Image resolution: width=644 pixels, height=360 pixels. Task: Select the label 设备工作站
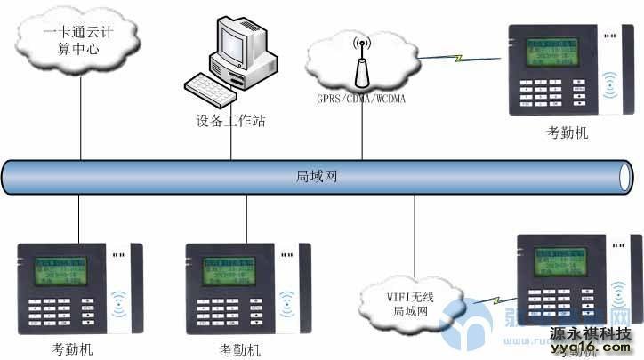click(x=230, y=120)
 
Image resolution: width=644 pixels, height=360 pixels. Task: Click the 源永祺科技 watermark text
click(x=590, y=333)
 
